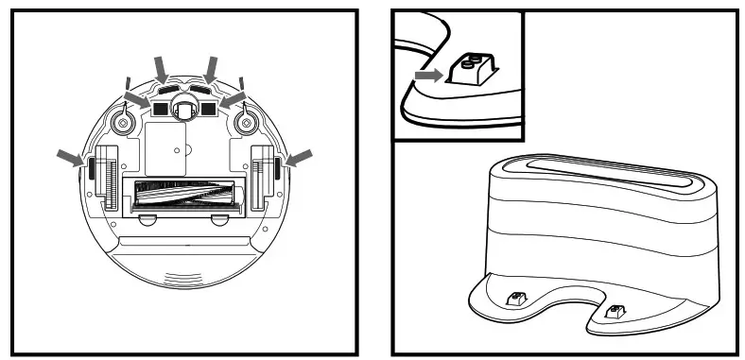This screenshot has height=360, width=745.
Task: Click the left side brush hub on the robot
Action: tap(122, 121)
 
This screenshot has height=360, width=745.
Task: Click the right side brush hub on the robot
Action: tap(248, 121)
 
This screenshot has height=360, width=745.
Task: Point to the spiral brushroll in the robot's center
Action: tap(184, 196)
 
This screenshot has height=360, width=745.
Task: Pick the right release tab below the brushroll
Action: tap(218, 220)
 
